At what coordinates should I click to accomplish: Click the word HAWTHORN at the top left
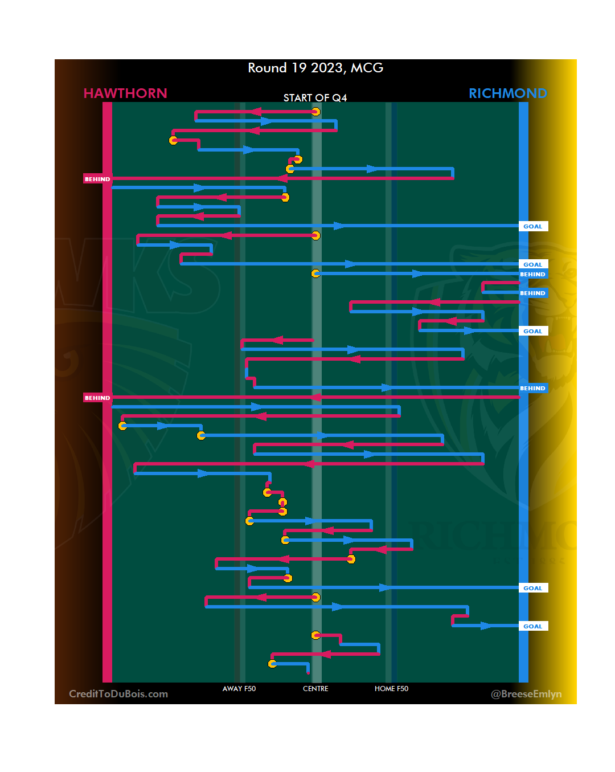(x=125, y=93)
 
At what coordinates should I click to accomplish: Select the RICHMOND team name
(x=507, y=93)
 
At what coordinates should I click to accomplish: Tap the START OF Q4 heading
(x=315, y=98)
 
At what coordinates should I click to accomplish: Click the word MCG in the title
(x=367, y=68)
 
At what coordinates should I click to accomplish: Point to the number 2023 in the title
(x=327, y=68)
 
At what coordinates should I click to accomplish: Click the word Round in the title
(x=267, y=68)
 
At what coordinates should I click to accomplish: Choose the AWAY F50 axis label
(x=239, y=689)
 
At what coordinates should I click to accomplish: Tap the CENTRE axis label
(x=315, y=689)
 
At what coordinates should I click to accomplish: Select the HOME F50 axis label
(x=391, y=689)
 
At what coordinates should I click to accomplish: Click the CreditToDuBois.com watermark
(x=118, y=694)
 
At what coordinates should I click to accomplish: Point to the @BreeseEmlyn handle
(x=526, y=694)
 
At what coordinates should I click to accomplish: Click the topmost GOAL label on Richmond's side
(x=533, y=226)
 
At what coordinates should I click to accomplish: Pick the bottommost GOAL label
(x=533, y=626)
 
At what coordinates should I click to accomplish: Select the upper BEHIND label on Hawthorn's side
(x=97, y=179)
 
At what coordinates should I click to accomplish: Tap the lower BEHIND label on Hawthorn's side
(x=97, y=398)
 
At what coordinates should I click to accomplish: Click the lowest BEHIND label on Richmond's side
(x=533, y=388)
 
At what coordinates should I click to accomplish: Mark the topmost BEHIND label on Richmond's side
(x=533, y=274)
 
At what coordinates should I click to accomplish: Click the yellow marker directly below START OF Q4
(x=315, y=112)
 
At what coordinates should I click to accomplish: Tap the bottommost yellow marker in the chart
(x=272, y=664)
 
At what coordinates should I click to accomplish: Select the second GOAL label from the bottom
(x=533, y=588)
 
